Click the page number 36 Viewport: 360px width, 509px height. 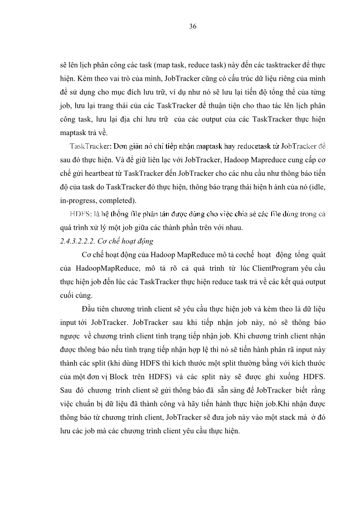(x=192, y=27)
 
